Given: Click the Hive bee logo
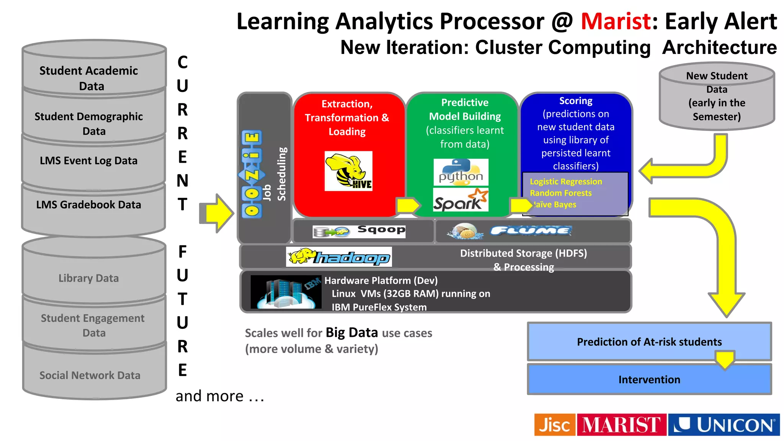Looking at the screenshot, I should pos(348,171).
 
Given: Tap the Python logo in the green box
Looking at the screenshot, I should pos(461,172).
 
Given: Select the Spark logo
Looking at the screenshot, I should pos(461,199).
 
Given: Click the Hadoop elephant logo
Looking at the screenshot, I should pos(339,257).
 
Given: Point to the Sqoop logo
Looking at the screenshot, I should pos(359,231).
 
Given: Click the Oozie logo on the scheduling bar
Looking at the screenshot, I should pos(252,174).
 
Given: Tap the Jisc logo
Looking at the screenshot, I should pos(554,425).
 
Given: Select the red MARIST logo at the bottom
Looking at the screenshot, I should pos(621,425).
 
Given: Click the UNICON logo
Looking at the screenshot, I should pos(724,425).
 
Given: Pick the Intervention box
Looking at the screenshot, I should pos(649,379).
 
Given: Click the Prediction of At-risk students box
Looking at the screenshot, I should pos(649,341).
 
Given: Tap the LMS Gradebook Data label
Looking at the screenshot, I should pos(89,205).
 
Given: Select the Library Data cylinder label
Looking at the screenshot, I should pos(89,278).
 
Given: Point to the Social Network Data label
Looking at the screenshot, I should pos(90,375).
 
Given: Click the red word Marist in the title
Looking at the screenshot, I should pos(616,21).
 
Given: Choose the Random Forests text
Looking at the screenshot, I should pos(560,193).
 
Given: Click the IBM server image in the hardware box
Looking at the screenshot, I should pos(286,292).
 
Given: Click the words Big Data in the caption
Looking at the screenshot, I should pos(352,332).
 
